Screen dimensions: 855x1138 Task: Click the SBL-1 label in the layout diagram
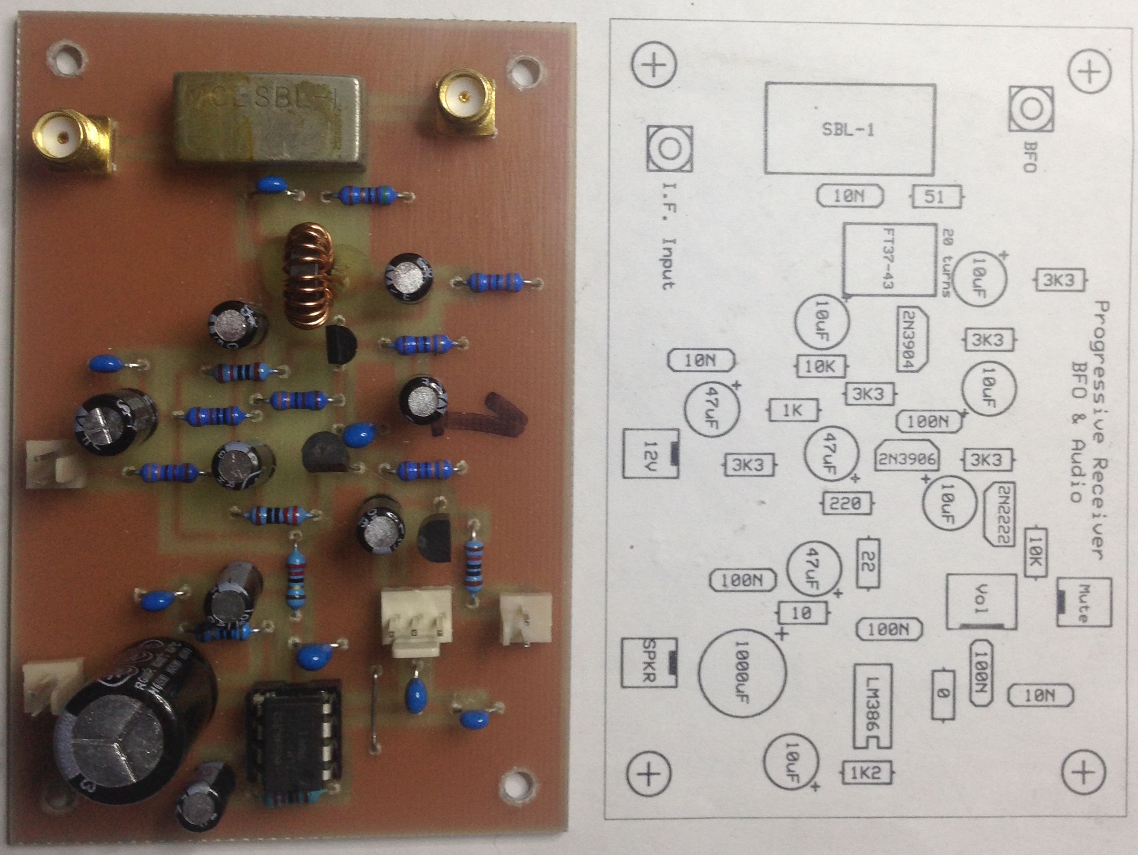click(848, 130)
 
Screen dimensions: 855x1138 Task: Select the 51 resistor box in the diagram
click(935, 197)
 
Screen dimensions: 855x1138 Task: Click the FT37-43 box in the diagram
click(889, 260)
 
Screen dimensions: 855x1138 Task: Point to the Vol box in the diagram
click(981, 601)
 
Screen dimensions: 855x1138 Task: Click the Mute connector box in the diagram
click(1083, 602)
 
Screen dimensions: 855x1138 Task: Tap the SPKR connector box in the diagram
click(648, 663)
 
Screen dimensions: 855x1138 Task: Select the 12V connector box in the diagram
click(649, 454)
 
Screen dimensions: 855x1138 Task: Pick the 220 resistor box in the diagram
click(846, 502)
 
